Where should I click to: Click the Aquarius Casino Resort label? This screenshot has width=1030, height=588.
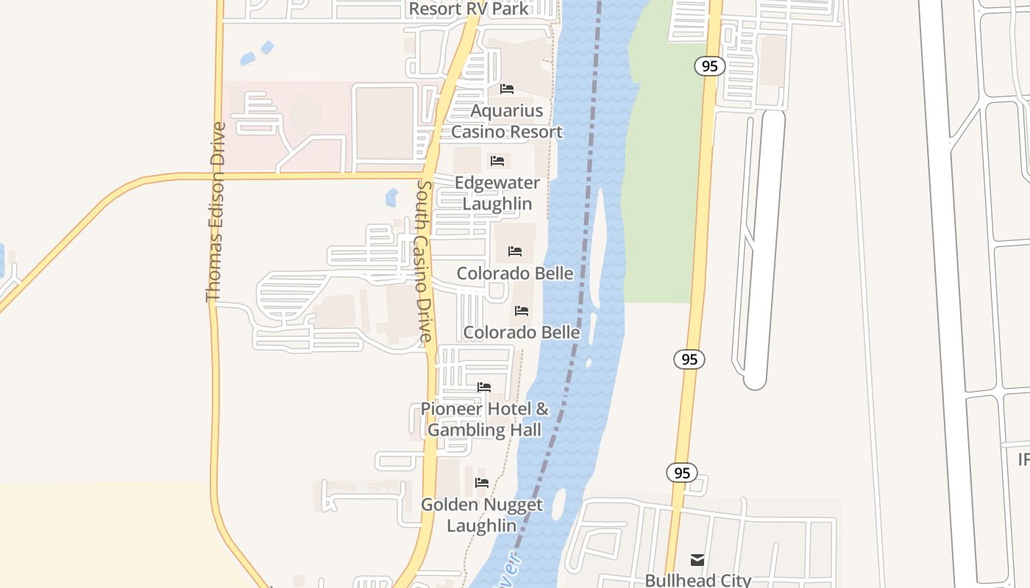pos(507,121)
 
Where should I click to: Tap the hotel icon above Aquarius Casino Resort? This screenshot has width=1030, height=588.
pos(507,89)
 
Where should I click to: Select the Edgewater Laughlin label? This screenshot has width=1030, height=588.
pos(497,193)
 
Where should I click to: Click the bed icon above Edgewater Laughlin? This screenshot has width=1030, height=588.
pos(497,161)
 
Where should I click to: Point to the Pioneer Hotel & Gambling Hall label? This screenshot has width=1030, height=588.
pos(485,419)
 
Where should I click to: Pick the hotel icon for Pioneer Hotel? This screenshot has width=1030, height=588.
pos(484,387)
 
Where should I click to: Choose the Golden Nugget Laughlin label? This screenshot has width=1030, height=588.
pos(482,514)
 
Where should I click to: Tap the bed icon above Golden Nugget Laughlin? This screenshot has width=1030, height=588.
pos(482,483)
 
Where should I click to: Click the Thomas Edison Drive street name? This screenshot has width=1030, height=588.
pos(216,212)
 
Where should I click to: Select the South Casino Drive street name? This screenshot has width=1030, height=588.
pos(425,261)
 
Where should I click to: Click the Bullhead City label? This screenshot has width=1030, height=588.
pos(697,580)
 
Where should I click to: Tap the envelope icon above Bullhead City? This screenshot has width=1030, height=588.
pos(697,560)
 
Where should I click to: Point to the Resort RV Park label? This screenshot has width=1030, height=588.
pos(469,9)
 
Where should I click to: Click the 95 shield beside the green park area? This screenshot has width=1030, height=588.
pos(709,66)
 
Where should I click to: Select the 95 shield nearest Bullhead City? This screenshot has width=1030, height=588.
pos(682,473)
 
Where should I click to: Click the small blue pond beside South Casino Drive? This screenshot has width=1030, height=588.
pos(391,197)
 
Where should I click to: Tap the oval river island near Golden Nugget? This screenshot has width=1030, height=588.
pos(558,503)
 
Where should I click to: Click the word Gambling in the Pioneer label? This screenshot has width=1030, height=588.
pos(463,430)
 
